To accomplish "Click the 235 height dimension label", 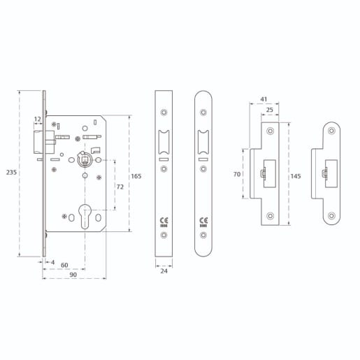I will point(10,172).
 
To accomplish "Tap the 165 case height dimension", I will point(136,176).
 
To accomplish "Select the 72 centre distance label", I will point(120,187).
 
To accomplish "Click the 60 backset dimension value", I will point(64,266).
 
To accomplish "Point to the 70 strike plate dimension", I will point(237,173).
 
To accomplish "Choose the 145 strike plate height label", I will point(295,176).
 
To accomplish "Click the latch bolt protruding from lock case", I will point(40,143).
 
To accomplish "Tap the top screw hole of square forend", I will point(164,111).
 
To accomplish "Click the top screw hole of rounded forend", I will point(204,111).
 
